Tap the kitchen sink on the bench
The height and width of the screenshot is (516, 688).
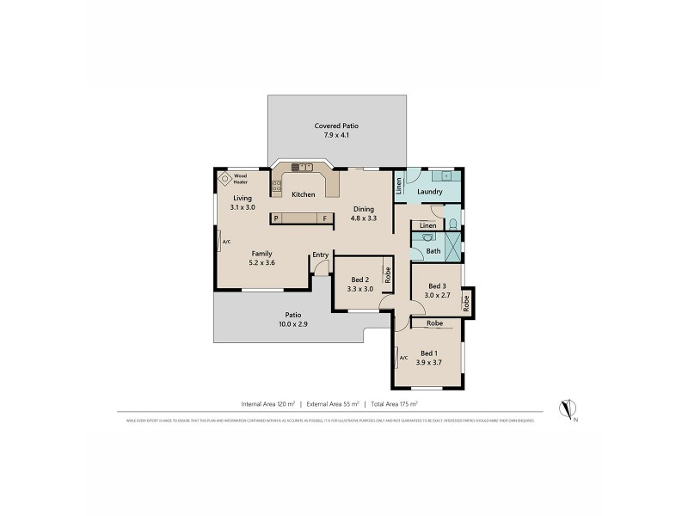click(x=303, y=167)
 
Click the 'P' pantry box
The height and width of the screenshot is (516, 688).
click(x=276, y=218)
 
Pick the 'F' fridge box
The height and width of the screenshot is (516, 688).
click(x=325, y=218)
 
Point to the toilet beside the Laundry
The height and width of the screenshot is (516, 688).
click(x=451, y=226)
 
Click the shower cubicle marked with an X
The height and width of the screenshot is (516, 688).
click(x=451, y=244)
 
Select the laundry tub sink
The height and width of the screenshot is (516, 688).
click(x=434, y=175)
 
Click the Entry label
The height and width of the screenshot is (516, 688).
click(x=321, y=255)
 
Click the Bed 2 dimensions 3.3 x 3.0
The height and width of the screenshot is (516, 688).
click(x=360, y=290)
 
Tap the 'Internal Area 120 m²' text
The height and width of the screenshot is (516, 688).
click(x=267, y=402)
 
